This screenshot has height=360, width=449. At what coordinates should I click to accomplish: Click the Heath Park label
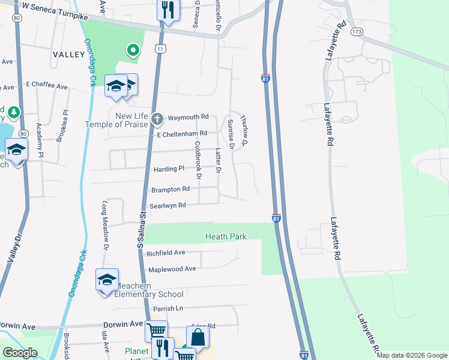click(x=226, y=237)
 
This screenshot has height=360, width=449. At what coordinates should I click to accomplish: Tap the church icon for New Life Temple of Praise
click(x=157, y=118)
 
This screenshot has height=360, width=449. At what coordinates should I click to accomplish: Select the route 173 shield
click(x=358, y=31)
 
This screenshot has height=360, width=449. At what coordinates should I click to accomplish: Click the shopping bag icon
click(x=197, y=337)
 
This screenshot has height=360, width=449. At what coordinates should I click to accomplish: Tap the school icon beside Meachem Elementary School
click(x=107, y=280)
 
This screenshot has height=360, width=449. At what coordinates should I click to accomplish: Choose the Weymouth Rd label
click(x=188, y=117)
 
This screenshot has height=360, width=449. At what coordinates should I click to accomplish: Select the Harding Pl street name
click(x=169, y=169)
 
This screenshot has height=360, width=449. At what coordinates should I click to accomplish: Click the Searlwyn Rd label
click(x=168, y=205)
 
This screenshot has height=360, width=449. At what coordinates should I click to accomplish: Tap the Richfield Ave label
click(x=166, y=253)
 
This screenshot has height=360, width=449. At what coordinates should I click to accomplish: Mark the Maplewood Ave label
click(x=172, y=269)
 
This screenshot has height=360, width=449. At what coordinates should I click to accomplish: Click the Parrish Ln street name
click(x=167, y=309)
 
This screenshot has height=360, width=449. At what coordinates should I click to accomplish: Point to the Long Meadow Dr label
click(x=105, y=225)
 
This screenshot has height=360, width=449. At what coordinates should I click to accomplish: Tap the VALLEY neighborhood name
click(x=69, y=55)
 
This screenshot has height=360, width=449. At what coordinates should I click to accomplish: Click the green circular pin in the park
click(x=133, y=51)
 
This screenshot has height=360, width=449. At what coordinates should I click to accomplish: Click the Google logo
click(x=20, y=353)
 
